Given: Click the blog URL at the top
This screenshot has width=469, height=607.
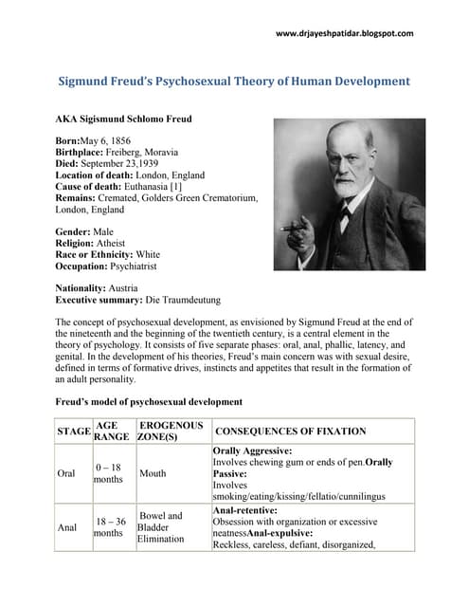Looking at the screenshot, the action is click(x=344, y=33).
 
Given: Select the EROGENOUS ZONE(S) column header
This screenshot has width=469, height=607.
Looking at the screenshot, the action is click(x=171, y=432).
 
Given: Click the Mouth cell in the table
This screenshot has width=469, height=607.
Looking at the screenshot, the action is click(x=152, y=473).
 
